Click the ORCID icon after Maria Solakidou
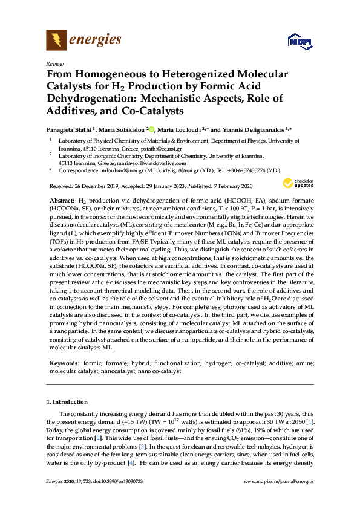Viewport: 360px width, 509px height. point(151,129)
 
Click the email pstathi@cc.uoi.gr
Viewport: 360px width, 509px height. point(163,148)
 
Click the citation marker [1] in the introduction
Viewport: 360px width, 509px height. point(309,421)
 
